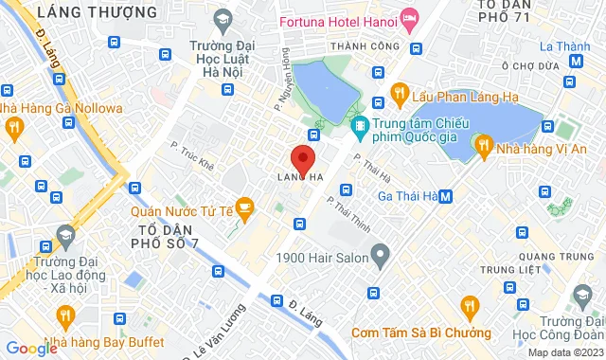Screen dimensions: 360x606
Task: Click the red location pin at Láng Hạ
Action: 302,159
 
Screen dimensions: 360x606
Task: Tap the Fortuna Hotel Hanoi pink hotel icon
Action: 409,18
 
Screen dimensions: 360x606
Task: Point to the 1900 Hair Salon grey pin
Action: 381,254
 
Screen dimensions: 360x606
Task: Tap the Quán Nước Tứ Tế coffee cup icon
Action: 244,206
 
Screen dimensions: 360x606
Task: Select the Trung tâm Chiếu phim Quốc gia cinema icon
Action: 360,125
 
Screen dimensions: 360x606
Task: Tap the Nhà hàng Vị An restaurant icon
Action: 485,145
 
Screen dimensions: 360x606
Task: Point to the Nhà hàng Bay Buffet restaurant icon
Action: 65,314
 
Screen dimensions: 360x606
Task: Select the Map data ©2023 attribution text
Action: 564,352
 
